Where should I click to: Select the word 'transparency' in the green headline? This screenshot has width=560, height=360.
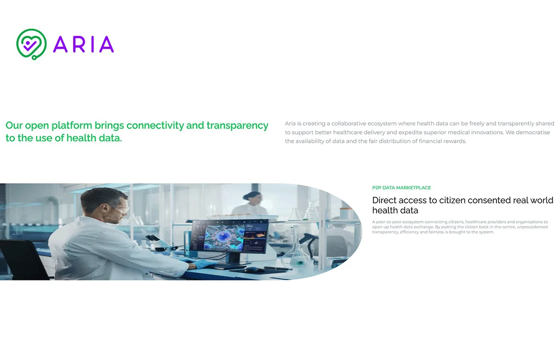tap(237, 126)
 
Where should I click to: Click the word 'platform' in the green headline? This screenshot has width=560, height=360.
tap(72, 126)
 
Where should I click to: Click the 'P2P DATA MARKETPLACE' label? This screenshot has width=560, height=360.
tap(401, 188)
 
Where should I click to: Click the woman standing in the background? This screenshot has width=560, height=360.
tap(251, 204)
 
